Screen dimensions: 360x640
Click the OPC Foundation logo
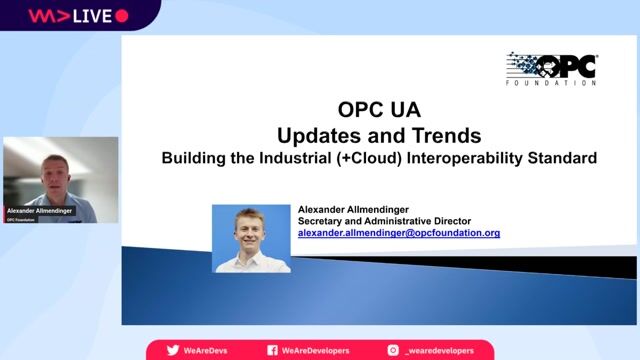pos(552,69)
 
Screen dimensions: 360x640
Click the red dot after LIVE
pos(122,15)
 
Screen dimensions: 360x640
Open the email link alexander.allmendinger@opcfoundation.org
pos(399,232)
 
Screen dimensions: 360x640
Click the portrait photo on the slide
pos(251,238)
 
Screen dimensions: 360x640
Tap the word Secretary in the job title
pos(324,221)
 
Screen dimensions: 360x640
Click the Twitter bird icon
pos(173,350)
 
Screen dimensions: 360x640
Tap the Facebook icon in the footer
pos(272,350)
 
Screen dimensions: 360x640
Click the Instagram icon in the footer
pos(393,350)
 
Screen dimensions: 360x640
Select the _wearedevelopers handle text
pos(440,350)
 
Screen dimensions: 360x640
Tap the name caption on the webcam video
pos(41,211)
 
